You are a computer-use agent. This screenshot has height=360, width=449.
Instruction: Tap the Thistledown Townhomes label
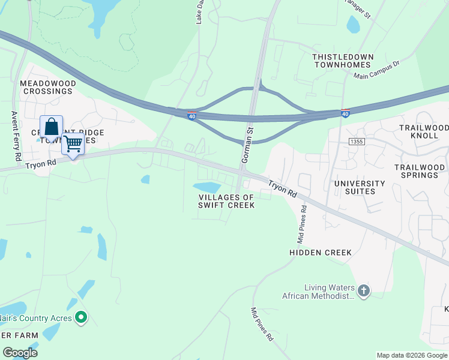[x=343, y=61]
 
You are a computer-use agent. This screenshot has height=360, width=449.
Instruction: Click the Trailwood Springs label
[x=420, y=171]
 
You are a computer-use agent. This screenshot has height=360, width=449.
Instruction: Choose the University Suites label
[x=360, y=187]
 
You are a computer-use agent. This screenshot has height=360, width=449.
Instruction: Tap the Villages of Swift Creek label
[x=226, y=201]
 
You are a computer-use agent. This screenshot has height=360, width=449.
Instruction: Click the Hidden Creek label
[x=321, y=253]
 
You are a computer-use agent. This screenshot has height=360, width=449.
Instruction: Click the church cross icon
[x=363, y=292]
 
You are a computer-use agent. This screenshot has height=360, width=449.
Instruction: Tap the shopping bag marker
[x=52, y=128]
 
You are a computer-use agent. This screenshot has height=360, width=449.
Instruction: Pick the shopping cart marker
[x=73, y=145]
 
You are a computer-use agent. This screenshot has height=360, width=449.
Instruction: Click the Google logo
[x=20, y=353]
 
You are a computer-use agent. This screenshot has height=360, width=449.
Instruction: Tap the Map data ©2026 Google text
[x=412, y=355]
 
